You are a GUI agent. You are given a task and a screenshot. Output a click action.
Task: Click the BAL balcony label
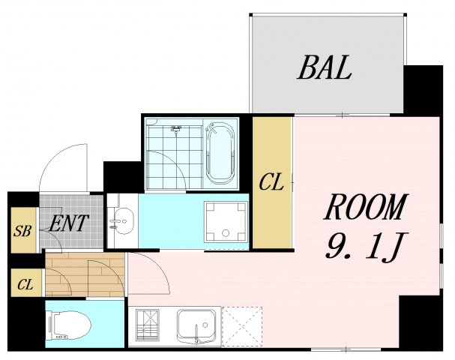325,67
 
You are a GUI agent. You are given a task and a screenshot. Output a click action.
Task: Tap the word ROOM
366,207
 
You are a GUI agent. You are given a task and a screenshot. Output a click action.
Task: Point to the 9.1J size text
367,246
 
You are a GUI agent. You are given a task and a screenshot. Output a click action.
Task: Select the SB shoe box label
22,231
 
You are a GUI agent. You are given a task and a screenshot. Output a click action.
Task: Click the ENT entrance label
68,223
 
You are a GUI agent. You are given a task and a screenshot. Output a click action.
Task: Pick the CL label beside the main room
271,182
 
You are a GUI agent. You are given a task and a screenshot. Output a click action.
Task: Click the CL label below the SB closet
25,284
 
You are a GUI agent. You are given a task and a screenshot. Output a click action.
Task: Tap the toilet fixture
70,325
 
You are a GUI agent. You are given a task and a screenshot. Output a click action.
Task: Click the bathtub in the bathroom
220,154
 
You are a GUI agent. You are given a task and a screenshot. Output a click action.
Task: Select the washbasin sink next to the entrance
122,221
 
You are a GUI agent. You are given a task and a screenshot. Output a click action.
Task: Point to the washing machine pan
226,222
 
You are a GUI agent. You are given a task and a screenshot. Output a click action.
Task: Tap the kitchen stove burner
148,325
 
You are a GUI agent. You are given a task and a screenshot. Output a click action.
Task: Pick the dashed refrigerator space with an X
242,326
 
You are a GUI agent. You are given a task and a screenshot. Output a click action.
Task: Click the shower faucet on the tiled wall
176,129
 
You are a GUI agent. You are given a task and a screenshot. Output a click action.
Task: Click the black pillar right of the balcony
424,91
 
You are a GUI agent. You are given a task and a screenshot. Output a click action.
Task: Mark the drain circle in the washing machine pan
226,232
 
